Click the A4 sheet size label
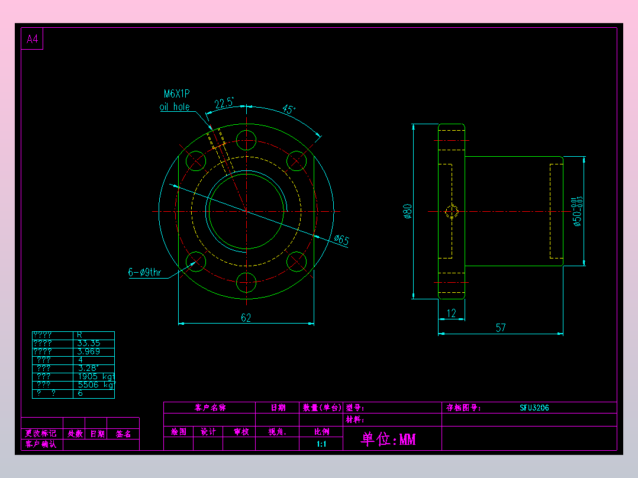pos(32,40)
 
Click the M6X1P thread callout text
pos(176,93)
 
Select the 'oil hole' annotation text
pos(175,107)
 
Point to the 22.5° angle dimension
pos(224,104)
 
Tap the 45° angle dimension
pos(288,109)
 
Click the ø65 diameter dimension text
pos(341,240)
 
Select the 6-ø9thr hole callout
pos(144,273)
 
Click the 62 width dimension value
pos(246,318)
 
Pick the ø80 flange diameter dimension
pos(407,211)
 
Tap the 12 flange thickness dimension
pos(452,314)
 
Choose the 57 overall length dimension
pos(501,328)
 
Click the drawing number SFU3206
pos(534,408)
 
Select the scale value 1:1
pos(321,444)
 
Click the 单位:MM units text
pos(388,439)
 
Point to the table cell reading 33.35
pos(89,343)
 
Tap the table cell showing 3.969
pos(89,351)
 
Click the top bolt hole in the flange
pos(246,140)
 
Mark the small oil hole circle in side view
pos(452,211)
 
